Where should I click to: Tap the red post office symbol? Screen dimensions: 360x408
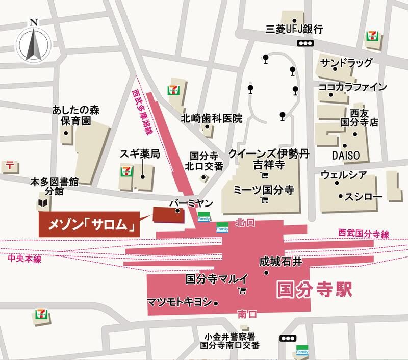click(10, 165)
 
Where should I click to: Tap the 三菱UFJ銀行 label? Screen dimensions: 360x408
click(295, 30)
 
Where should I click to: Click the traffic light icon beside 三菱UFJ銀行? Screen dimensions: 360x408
click(304, 44)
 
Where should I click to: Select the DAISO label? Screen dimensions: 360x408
click(346, 155)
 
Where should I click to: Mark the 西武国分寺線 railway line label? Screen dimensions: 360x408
click(364, 234)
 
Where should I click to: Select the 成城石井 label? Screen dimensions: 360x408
click(281, 262)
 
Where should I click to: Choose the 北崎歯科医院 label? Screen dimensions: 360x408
click(212, 118)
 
